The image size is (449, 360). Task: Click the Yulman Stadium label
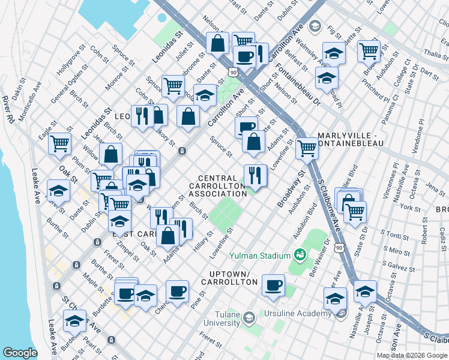259,256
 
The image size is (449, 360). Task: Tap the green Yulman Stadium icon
301,256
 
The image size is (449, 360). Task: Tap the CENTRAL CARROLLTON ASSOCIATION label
222,185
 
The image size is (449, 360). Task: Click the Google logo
20,353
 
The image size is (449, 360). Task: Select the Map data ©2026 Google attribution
411,355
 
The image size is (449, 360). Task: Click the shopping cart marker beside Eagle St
60,143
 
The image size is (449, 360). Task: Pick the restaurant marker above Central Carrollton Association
255,175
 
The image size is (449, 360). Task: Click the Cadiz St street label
442,240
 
